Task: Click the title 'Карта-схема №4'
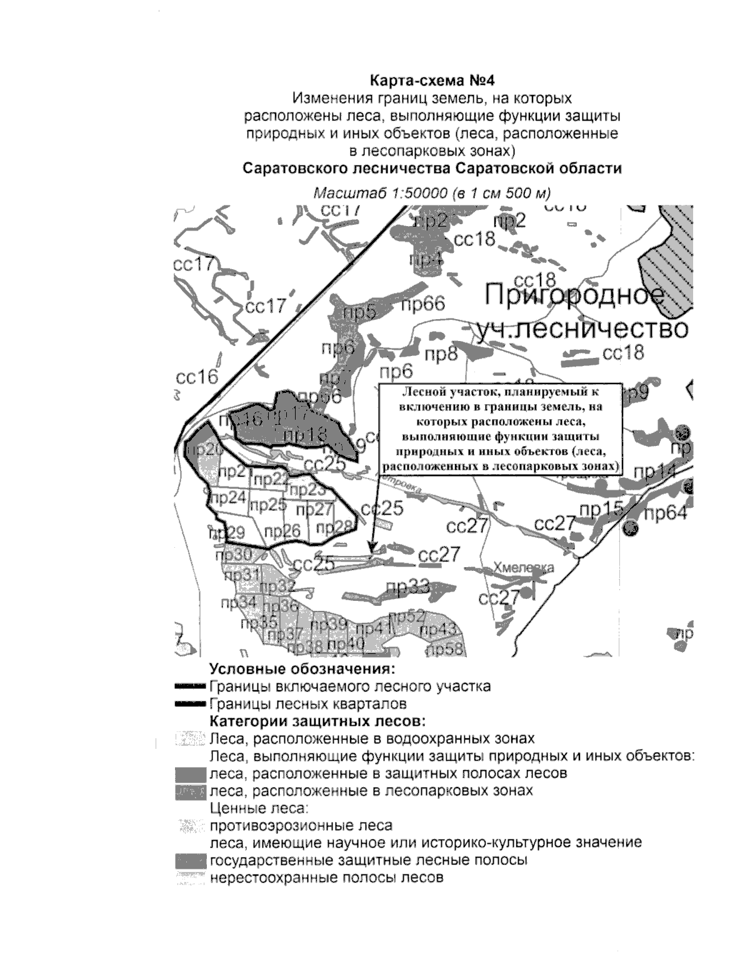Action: coord(432,81)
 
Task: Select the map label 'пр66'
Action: coord(423,304)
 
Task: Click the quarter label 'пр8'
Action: coord(441,354)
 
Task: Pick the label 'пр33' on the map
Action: coord(408,586)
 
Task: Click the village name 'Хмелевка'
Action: coord(523,568)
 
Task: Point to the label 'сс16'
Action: coord(197,377)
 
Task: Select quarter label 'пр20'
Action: coord(204,450)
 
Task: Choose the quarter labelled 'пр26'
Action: coord(282,532)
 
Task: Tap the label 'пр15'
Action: coord(601,510)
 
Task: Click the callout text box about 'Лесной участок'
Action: coord(501,429)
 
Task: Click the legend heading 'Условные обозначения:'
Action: coord(303,670)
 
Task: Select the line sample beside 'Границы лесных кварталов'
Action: coord(190,705)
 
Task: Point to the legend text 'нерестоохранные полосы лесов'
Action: coord(327,878)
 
